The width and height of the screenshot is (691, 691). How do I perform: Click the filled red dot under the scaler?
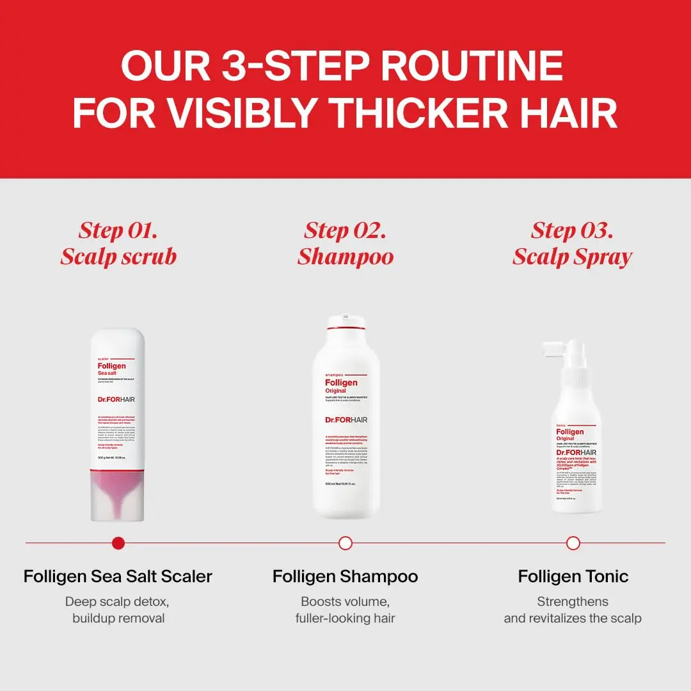click(x=118, y=543)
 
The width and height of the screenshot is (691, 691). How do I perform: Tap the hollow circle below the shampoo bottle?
click(x=345, y=543)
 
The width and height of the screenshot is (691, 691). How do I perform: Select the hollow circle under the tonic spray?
click(x=573, y=543)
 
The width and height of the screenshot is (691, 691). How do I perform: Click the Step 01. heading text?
click(x=118, y=230)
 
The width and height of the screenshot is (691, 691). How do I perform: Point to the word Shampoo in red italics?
click(x=345, y=257)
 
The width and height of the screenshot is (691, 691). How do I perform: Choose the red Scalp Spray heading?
click(x=573, y=257)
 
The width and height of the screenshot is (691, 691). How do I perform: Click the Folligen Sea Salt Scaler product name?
click(x=118, y=576)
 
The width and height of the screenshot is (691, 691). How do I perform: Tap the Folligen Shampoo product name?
click(x=345, y=576)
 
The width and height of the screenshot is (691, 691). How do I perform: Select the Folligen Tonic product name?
click(x=573, y=576)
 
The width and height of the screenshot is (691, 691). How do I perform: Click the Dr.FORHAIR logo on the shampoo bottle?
click(x=346, y=420)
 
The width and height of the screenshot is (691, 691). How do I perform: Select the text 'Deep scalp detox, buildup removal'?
click(x=118, y=610)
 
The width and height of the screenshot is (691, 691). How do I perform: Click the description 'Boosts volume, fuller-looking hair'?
click(x=345, y=610)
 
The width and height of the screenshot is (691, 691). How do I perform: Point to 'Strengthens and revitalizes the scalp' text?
click(x=573, y=610)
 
